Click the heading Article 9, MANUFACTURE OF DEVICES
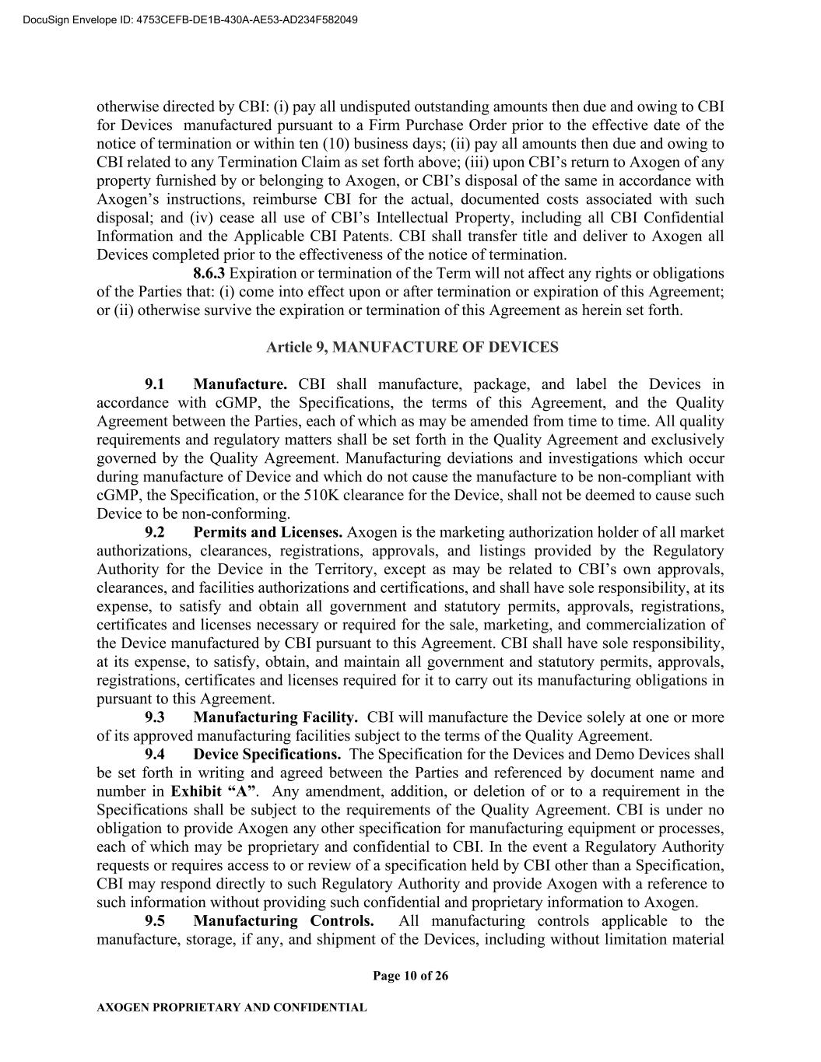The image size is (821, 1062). pyautogui.click(x=412, y=347)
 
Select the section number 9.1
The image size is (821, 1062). pyautogui.click(x=155, y=384)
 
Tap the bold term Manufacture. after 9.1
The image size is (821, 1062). pyautogui.click(x=240, y=384)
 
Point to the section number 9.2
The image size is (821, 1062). pyautogui.click(x=155, y=532)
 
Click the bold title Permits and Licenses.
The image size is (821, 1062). pyautogui.click(x=268, y=532)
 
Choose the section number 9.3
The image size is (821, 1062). pyautogui.click(x=155, y=717)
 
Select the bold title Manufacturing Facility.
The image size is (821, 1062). pyautogui.click(x=275, y=717)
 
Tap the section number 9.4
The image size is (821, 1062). pyautogui.click(x=155, y=755)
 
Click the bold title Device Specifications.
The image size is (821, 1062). pyautogui.click(x=267, y=755)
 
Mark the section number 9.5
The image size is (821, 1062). pyautogui.click(x=155, y=921)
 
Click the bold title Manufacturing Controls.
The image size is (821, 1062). pyautogui.click(x=283, y=921)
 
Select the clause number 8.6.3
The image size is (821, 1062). pyautogui.click(x=209, y=273)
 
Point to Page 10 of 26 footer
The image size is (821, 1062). pyautogui.click(x=410, y=976)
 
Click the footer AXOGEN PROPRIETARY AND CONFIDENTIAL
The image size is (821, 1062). pyautogui.click(x=231, y=1008)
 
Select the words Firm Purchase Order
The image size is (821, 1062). pyautogui.click(x=432, y=125)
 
